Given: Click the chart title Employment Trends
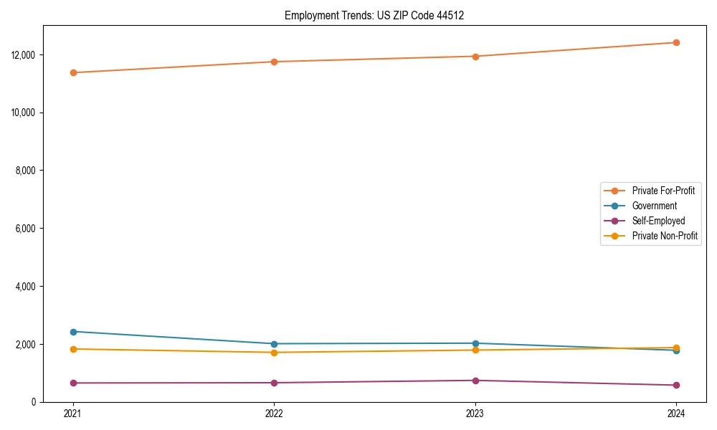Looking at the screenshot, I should coord(374,15).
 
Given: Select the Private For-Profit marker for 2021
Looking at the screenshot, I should coord(73,72).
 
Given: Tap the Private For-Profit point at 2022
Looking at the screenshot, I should coord(274,62).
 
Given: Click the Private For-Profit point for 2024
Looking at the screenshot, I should coord(676,42).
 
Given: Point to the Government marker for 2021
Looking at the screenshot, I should coord(73,332).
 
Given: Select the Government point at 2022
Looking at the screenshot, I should coord(274,344).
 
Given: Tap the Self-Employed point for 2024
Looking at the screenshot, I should coord(676,386).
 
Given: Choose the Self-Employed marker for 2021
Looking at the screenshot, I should coord(73,383).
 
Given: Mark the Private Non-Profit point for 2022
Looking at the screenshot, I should coord(274,353).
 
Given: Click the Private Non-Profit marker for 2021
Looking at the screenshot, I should coord(73,349).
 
